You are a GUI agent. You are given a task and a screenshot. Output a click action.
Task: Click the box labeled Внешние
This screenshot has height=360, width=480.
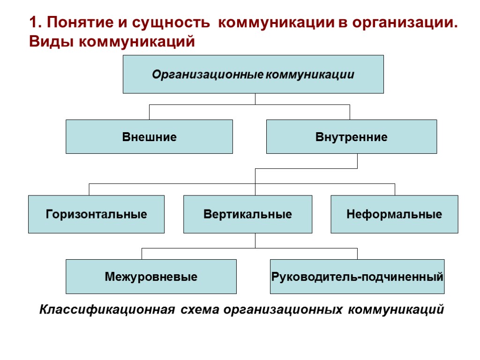coord(149,137)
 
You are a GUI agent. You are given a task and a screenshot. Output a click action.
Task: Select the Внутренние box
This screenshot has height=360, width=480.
coord(351,137)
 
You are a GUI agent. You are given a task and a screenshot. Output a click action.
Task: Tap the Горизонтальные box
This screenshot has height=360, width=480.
coord(96,215)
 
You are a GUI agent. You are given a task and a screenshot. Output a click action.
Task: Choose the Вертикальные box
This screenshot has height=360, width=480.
coord(247,215)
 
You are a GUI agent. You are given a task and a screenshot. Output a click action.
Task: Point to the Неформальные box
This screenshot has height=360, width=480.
coord(394,215)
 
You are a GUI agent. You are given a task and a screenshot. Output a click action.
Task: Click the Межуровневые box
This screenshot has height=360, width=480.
coord(151,277)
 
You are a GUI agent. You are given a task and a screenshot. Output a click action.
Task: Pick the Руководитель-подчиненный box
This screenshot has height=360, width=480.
coord(357,277)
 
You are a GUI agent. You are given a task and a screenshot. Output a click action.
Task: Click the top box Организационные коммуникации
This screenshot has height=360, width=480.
coord(253,75)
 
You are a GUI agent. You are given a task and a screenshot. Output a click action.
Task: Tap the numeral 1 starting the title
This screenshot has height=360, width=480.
coord(33,23)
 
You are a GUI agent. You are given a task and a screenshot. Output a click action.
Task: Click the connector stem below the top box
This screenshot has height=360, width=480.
coord(255,99)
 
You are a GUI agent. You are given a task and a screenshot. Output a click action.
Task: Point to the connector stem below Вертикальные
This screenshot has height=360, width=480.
coord(255,240)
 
